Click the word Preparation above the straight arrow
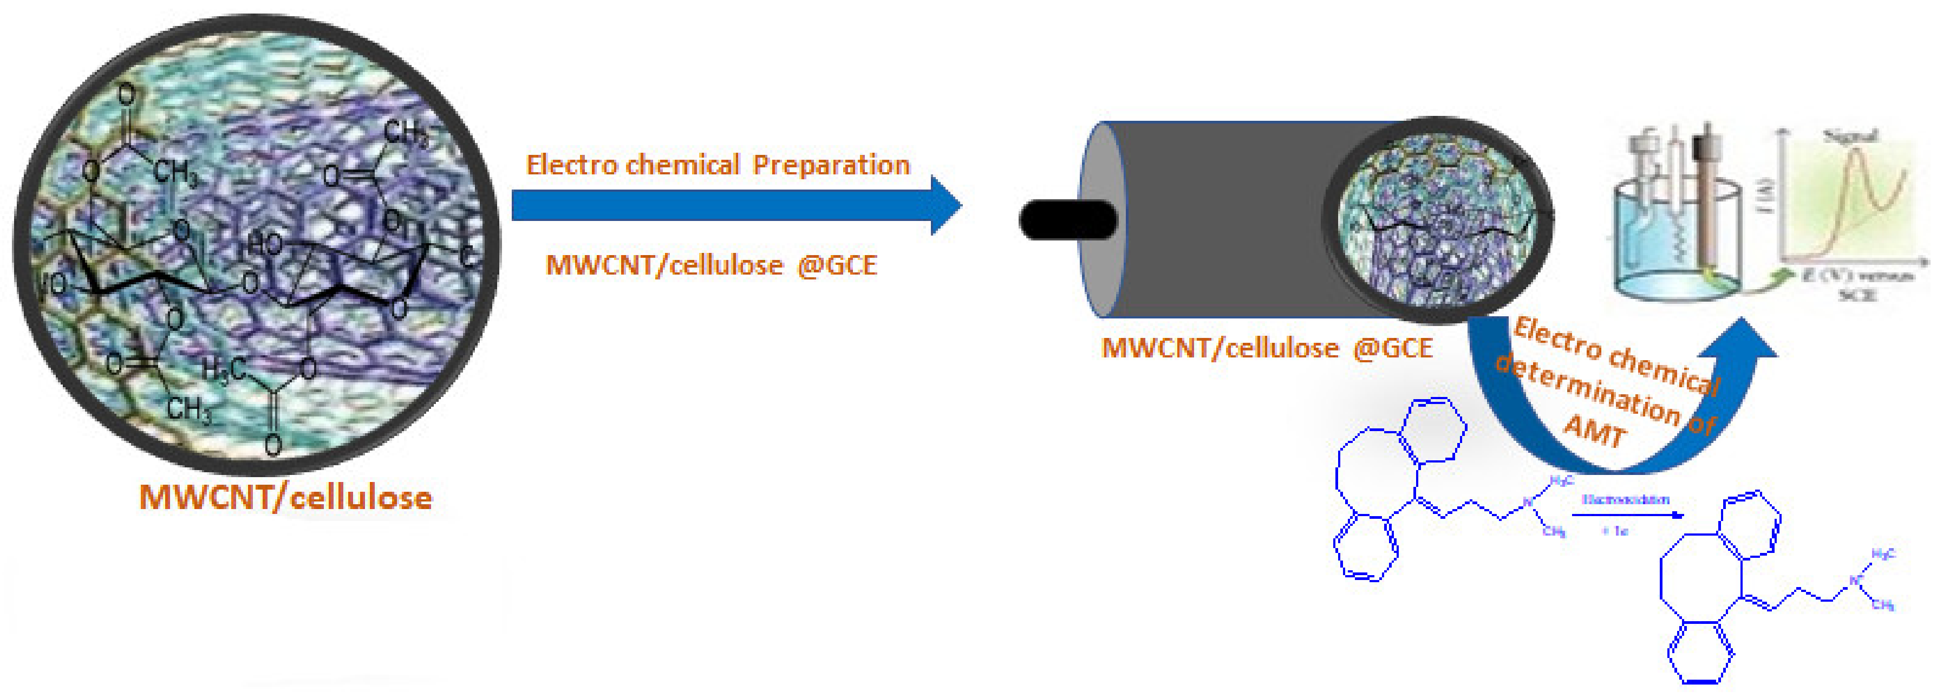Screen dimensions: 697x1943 831,165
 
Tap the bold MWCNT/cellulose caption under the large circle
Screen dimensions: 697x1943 286,498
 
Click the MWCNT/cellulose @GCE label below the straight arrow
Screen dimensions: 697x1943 711,265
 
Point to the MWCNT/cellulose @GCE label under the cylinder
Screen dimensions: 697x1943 1267,348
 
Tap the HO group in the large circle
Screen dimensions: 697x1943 265,244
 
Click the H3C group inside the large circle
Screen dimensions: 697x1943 223,369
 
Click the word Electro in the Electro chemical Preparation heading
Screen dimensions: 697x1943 570,165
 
